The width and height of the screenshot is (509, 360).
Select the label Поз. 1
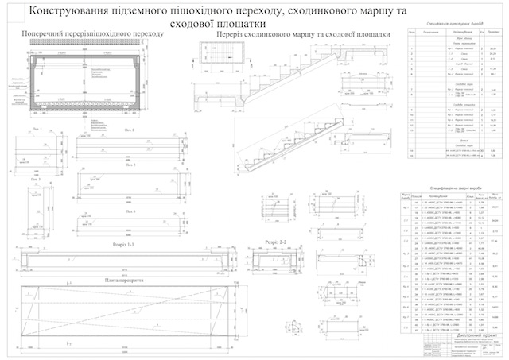pyautogui.click(x=37, y=127)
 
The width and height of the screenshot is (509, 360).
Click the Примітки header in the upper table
pyautogui.click(x=495, y=33)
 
